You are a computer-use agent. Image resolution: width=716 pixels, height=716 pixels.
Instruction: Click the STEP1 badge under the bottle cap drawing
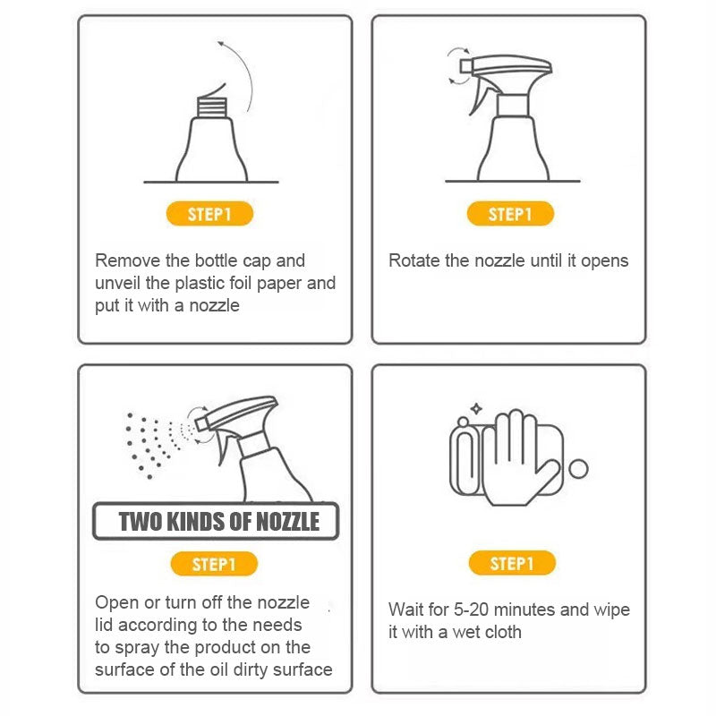(x=209, y=213)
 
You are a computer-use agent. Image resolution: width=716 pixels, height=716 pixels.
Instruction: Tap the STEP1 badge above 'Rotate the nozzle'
(x=510, y=213)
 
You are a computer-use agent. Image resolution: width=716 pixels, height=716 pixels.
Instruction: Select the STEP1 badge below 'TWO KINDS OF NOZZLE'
(x=214, y=564)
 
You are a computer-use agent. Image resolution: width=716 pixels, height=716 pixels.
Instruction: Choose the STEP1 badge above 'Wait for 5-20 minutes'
(x=512, y=563)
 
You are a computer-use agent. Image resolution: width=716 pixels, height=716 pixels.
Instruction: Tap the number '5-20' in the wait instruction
(x=472, y=609)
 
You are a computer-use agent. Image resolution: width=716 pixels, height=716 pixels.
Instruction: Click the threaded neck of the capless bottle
(x=212, y=107)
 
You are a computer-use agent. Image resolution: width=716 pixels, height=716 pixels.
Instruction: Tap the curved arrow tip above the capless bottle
(x=219, y=43)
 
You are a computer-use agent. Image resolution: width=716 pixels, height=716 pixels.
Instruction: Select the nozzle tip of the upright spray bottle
(x=465, y=66)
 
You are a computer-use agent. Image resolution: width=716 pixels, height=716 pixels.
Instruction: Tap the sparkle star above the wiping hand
(x=476, y=409)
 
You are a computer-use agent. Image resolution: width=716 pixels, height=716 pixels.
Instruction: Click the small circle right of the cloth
(x=578, y=469)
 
